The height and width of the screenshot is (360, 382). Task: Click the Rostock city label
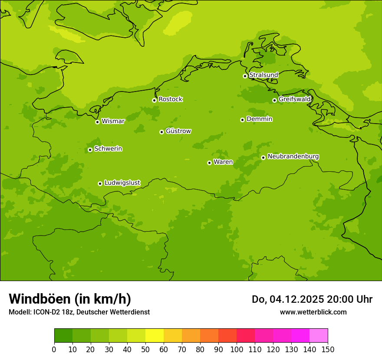(170, 99)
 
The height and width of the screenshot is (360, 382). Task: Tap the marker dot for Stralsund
(245, 76)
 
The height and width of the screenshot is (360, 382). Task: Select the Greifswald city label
(294, 99)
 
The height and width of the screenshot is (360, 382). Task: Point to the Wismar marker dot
(97, 122)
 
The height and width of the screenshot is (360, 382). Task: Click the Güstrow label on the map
(178, 131)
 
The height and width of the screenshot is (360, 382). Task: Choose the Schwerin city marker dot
(90, 150)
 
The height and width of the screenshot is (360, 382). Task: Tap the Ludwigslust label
(122, 183)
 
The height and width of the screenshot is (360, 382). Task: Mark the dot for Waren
(209, 163)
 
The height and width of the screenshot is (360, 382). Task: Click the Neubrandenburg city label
(293, 156)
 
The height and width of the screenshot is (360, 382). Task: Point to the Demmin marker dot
(242, 120)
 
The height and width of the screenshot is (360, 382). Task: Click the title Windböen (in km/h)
(70, 299)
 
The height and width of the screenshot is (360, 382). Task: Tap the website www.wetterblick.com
(313, 312)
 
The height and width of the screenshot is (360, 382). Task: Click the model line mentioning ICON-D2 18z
(79, 312)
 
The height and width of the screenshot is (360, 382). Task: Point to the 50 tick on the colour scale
(145, 349)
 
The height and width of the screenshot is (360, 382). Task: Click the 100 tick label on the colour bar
(237, 349)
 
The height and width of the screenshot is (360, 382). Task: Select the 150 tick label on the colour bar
(328, 349)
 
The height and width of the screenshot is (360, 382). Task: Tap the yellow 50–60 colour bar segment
(155, 336)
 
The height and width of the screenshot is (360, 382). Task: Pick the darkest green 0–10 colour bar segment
(63, 336)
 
